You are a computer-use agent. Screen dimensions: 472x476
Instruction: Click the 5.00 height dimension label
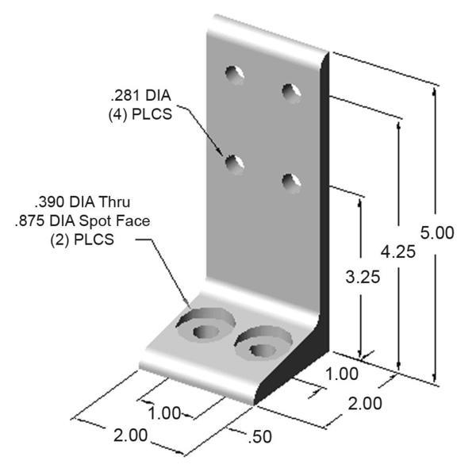pos(436,232)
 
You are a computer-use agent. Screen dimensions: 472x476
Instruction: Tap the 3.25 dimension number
pos(363,277)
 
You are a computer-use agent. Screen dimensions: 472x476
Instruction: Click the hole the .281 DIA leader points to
pos(234,165)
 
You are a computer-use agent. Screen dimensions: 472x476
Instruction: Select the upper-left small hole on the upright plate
pos(234,75)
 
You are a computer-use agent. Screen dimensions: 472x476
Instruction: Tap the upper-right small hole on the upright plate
pos(291,91)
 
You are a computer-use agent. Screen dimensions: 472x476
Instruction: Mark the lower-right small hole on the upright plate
pos(291,182)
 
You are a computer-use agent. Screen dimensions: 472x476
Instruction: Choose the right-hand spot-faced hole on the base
pos(260,344)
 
